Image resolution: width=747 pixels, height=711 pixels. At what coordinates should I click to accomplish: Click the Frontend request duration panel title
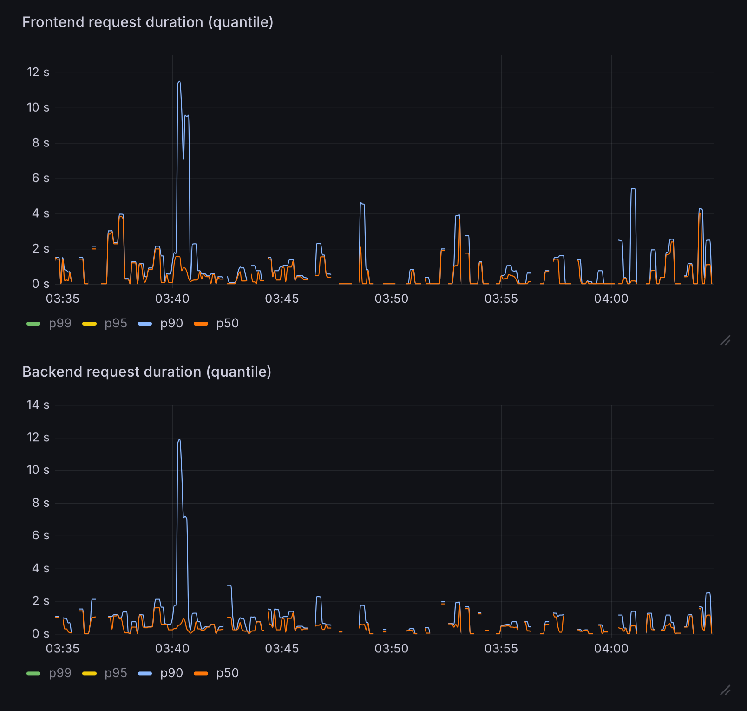(x=148, y=22)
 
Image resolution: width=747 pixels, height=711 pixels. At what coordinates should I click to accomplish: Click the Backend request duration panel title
(x=147, y=372)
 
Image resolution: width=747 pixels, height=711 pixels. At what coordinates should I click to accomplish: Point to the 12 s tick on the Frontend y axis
(x=38, y=72)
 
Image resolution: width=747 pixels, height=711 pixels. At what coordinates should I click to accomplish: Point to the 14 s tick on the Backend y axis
(x=38, y=405)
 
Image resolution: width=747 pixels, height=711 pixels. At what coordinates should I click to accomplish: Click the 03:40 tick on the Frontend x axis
(x=172, y=299)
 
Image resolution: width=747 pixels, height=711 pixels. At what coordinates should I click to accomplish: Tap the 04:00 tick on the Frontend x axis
(x=611, y=299)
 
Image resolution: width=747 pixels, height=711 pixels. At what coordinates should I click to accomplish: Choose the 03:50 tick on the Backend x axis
(x=392, y=648)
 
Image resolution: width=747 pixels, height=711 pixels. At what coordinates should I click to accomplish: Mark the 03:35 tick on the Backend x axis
(x=63, y=648)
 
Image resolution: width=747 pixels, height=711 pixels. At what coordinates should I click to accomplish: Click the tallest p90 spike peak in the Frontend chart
(x=179, y=82)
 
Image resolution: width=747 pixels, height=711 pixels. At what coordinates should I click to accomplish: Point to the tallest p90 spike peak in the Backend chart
(x=179, y=439)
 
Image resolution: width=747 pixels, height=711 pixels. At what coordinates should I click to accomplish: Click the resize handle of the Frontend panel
(x=725, y=340)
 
